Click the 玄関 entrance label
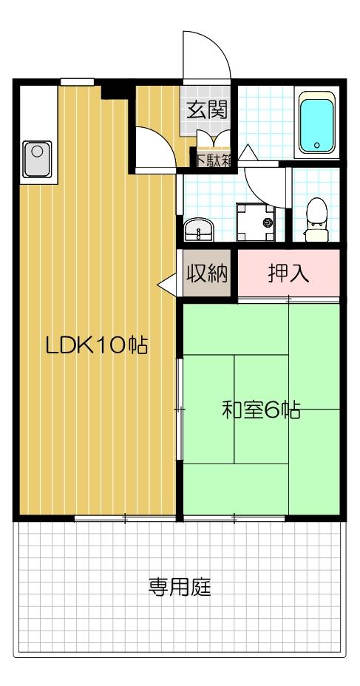click(x=206, y=111)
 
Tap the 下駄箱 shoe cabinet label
click(x=213, y=158)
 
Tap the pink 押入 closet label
click(x=288, y=274)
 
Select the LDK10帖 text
click(x=96, y=345)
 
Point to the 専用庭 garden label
click(x=180, y=588)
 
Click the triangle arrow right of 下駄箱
click(x=246, y=153)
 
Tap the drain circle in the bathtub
click(x=317, y=145)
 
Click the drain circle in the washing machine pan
click(x=267, y=222)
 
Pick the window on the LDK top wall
click(x=77, y=81)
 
